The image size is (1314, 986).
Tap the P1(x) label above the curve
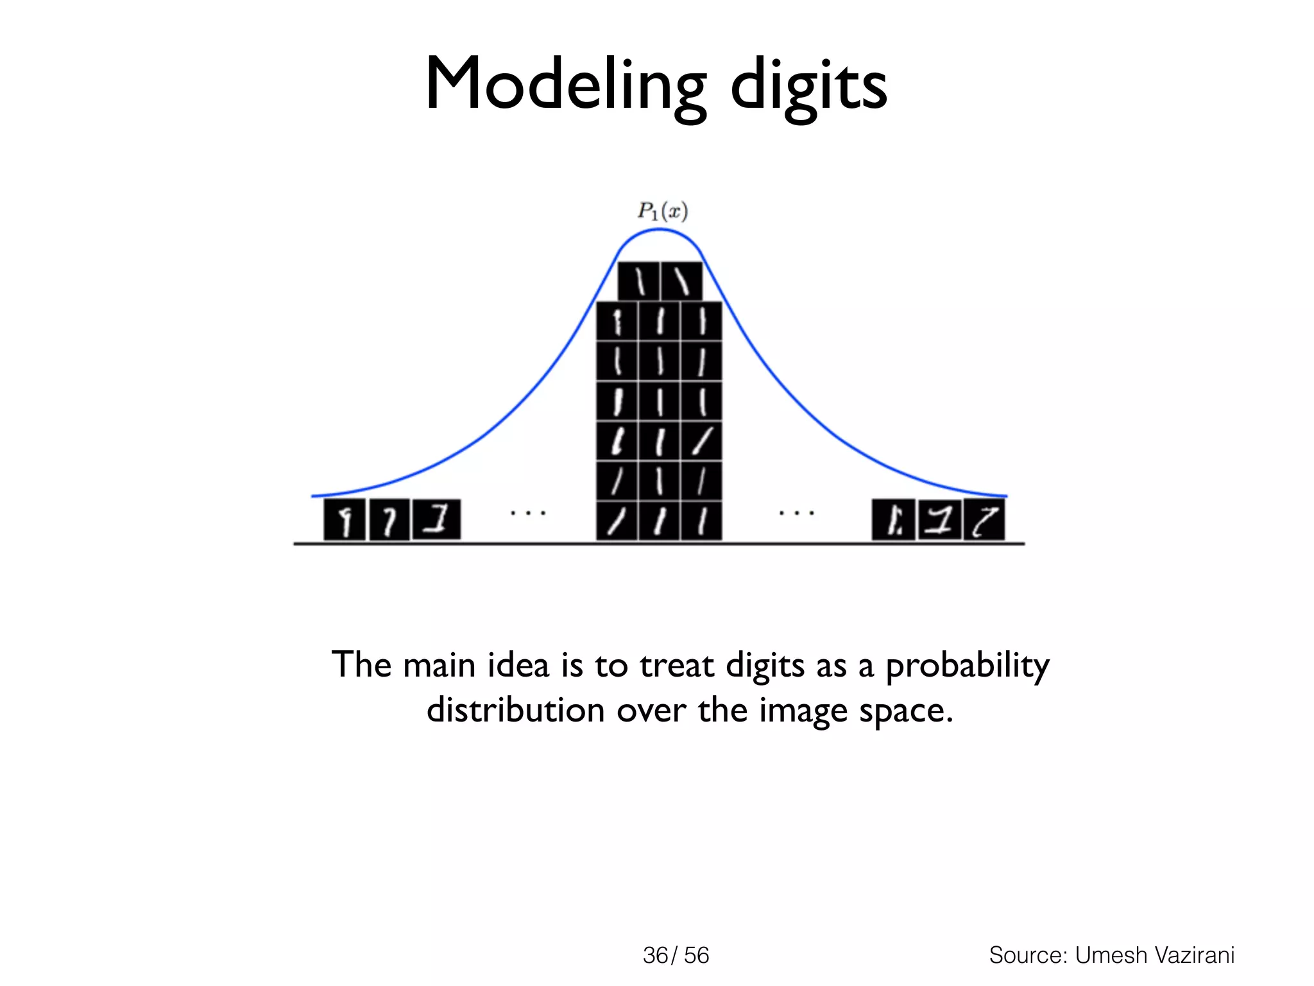click(x=662, y=211)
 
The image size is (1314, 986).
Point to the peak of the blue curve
click(x=660, y=230)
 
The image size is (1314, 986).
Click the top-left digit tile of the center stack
click(x=639, y=281)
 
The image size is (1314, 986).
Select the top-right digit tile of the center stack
click(x=681, y=281)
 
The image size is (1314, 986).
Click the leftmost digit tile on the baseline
click(x=345, y=520)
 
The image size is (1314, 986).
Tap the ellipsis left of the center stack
click(x=527, y=513)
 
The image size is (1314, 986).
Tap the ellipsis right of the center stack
click(x=796, y=513)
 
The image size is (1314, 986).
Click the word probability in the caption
click(x=967, y=666)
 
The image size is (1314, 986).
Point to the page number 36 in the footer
click(x=655, y=955)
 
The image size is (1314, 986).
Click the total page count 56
click(x=696, y=955)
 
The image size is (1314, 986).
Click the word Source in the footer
click(x=1028, y=955)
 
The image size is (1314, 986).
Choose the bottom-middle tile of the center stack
click(x=659, y=521)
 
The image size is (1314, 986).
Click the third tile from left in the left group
click(x=436, y=520)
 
